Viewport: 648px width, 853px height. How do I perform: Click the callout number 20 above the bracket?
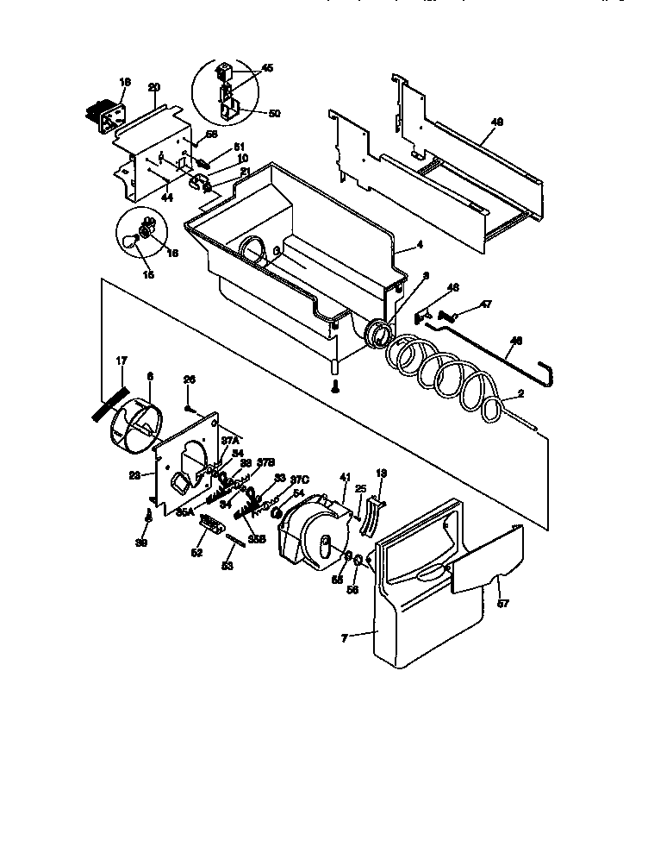154,87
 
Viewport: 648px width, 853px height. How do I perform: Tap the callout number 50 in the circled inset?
274,113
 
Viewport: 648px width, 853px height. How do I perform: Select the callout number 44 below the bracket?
167,198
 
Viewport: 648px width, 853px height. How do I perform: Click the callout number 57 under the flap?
503,604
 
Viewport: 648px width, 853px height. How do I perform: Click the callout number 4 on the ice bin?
420,244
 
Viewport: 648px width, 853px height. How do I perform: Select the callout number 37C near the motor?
299,480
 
